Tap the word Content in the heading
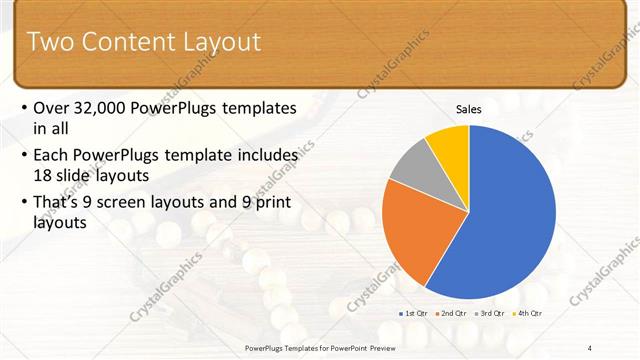pyautogui.click(x=128, y=42)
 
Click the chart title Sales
pyautogui.click(x=469, y=109)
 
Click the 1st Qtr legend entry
pyautogui.click(x=413, y=313)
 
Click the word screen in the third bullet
pyautogui.click(x=128, y=202)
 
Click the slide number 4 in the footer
pyautogui.click(x=590, y=347)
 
